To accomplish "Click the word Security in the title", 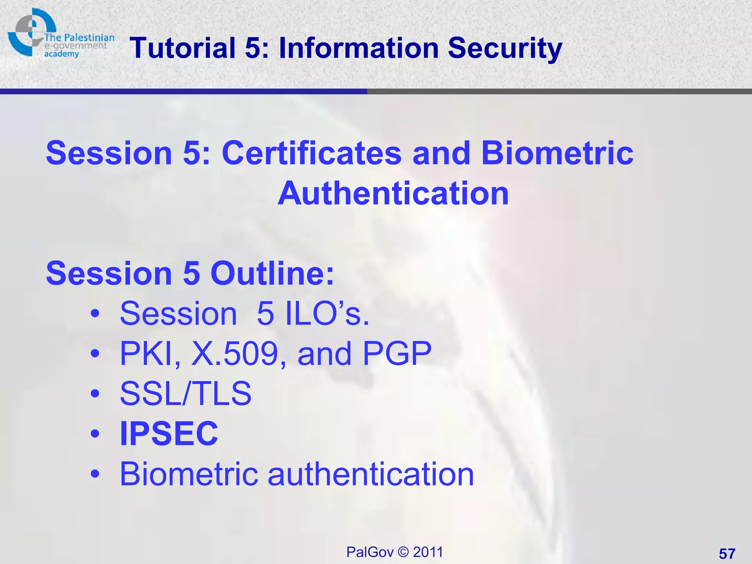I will (x=505, y=48).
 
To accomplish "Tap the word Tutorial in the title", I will (x=182, y=48).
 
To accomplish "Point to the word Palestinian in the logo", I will (x=89, y=37).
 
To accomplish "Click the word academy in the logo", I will (x=61, y=54).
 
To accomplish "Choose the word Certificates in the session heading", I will (x=311, y=153).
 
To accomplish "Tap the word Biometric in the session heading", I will (x=557, y=153).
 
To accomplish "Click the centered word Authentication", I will (x=393, y=194).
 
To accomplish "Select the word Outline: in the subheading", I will (x=272, y=274).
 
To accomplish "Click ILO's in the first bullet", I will (x=327, y=314).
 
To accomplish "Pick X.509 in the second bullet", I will (x=235, y=354).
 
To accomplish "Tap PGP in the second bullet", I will (x=397, y=354).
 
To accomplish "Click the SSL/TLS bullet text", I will (x=186, y=393).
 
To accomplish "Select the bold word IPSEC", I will (x=169, y=433).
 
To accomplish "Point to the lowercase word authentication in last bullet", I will (x=371, y=474).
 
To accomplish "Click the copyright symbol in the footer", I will (x=403, y=552).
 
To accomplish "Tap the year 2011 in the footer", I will (x=428, y=552).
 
